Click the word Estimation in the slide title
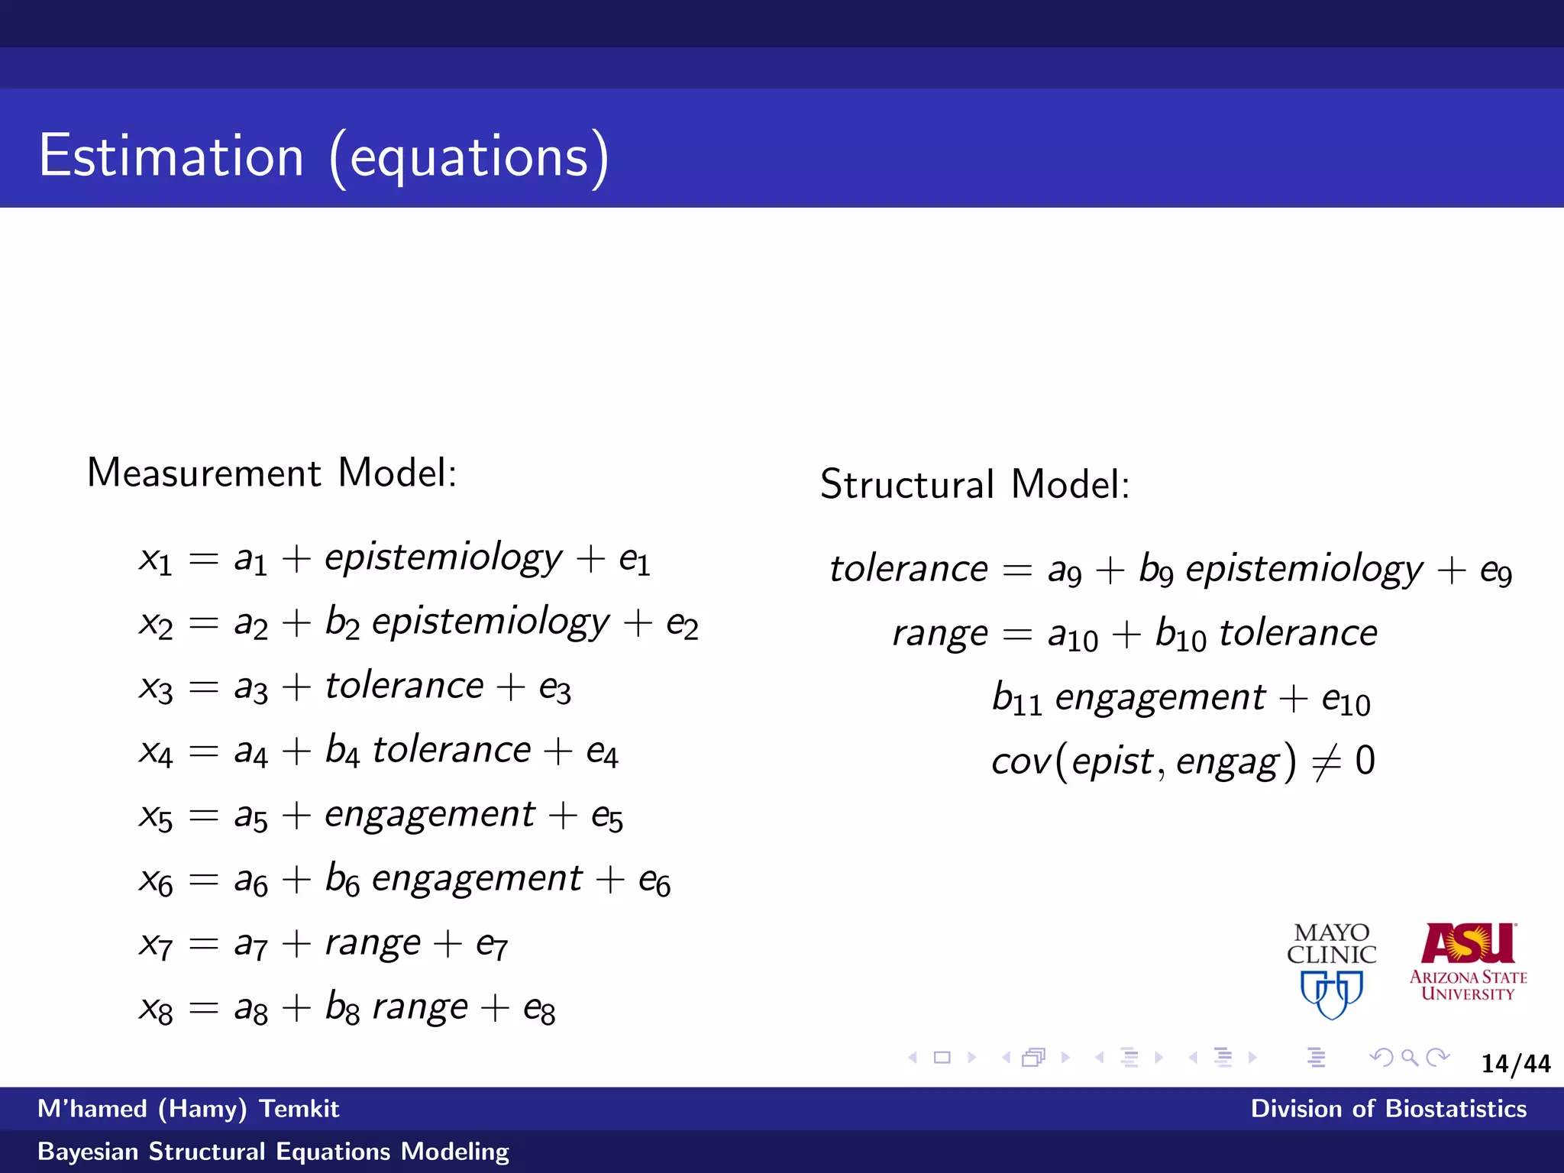click(x=171, y=157)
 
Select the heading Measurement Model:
click(x=272, y=473)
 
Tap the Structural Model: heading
click(x=974, y=484)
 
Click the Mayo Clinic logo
click(x=1331, y=970)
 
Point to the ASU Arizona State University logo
click(x=1468, y=962)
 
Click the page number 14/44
click(x=1515, y=1063)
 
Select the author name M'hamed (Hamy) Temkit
click(x=188, y=1108)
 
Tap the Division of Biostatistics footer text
click(x=1388, y=1108)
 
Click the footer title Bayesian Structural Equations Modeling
click(x=273, y=1151)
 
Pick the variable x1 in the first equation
click(x=156, y=561)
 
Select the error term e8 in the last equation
click(x=539, y=1009)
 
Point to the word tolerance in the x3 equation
click(x=404, y=685)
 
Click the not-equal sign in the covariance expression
click(x=1326, y=761)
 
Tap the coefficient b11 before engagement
click(x=1016, y=699)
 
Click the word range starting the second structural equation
click(x=940, y=634)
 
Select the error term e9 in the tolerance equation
click(x=1495, y=571)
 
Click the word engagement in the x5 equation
click(x=430, y=814)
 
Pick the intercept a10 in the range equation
click(x=1072, y=635)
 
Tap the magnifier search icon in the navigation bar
click(x=1410, y=1058)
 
